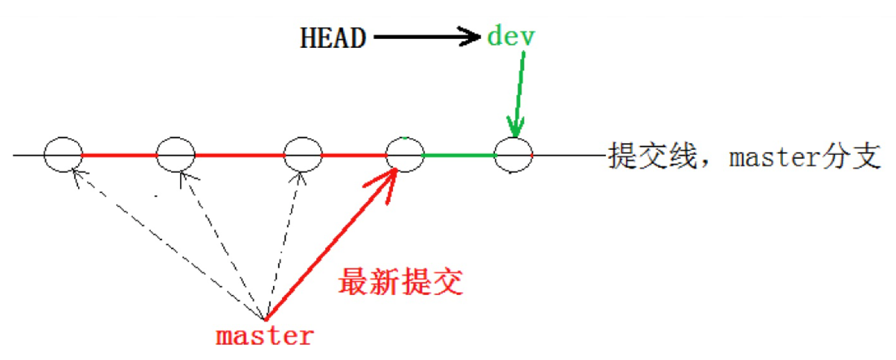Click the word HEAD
pyautogui.click(x=333, y=38)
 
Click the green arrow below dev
pyautogui.click(x=520, y=96)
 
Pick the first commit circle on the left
pyautogui.click(x=63, y=155)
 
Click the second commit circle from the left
pyautogui.click(x=176, y=155)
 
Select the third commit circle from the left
pyautogui.click(x=303, y=155)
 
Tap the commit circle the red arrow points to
pyautogui.click(x=405, y=155)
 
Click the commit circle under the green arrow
pyautogui.click(x=513, y=155)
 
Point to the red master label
pyautogui.click(x=264, y=336)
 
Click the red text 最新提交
pyautogui.click(x=400, y=281)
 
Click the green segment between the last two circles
pyautogui.click(x=459, y=155)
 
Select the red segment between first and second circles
pyautogui.click(x=119, y=155)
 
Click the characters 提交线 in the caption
pyautogui.click(x=641, y=157)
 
